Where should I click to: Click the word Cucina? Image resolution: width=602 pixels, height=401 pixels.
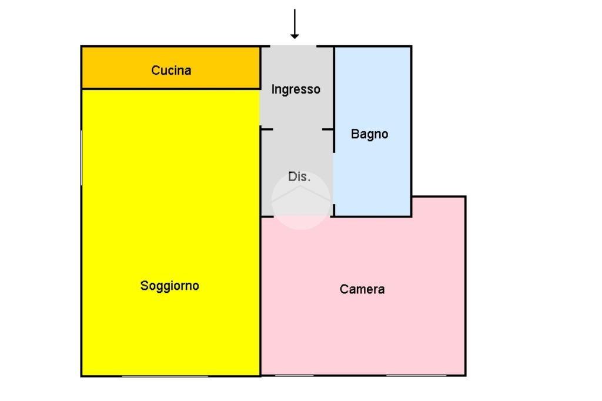(x=171, y=71)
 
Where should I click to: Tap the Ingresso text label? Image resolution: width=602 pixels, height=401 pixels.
(x=296, y=89)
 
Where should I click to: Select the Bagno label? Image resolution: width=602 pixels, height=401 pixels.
(x=369, y=134)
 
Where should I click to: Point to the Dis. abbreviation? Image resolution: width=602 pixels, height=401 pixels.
(x=299, y=176)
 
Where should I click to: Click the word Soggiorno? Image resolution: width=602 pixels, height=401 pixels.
(x=170, y=286)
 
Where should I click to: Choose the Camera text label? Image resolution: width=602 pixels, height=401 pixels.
(x=362, y=289)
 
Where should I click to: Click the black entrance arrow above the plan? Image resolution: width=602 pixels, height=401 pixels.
(x=295, y=24)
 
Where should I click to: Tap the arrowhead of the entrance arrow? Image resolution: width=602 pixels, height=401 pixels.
(x=295, y=36)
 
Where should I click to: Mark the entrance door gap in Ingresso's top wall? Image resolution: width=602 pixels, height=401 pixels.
(x=294, y=46)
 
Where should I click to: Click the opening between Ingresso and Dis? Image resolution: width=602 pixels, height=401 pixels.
(x=297, y=129)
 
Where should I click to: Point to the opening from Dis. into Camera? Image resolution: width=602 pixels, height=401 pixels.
(x=302, y=216)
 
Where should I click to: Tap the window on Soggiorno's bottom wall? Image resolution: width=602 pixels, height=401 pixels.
(x=165, y=376)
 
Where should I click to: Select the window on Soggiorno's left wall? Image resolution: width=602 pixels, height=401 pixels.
(x=81, y=158)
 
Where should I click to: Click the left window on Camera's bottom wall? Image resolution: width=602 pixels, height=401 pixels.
(x=295, y=375)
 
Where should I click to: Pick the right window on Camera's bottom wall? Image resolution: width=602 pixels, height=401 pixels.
(x=416, y=375)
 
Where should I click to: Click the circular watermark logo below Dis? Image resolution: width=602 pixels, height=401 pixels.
(x=301, y=200)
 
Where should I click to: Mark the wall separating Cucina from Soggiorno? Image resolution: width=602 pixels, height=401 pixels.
(x=171, y=89)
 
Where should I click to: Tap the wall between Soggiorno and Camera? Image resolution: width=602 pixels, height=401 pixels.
(x=260, y=296)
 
